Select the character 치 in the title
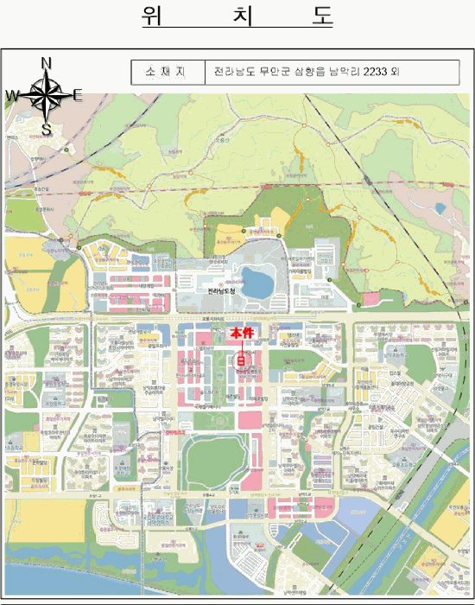click(x=237, y=17)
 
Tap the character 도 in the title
click(x=320, y=17)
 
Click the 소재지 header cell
click(x=168, y=73)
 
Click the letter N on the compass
click(x=47, y=62)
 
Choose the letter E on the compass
click(x=78, y=95)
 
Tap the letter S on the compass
click(x=47, y=130)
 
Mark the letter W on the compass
click(x=13, y=95)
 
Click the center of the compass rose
click(x=47, y=95)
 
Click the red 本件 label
click(x=241, y=333)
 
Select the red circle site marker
click(x=241, y=360)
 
